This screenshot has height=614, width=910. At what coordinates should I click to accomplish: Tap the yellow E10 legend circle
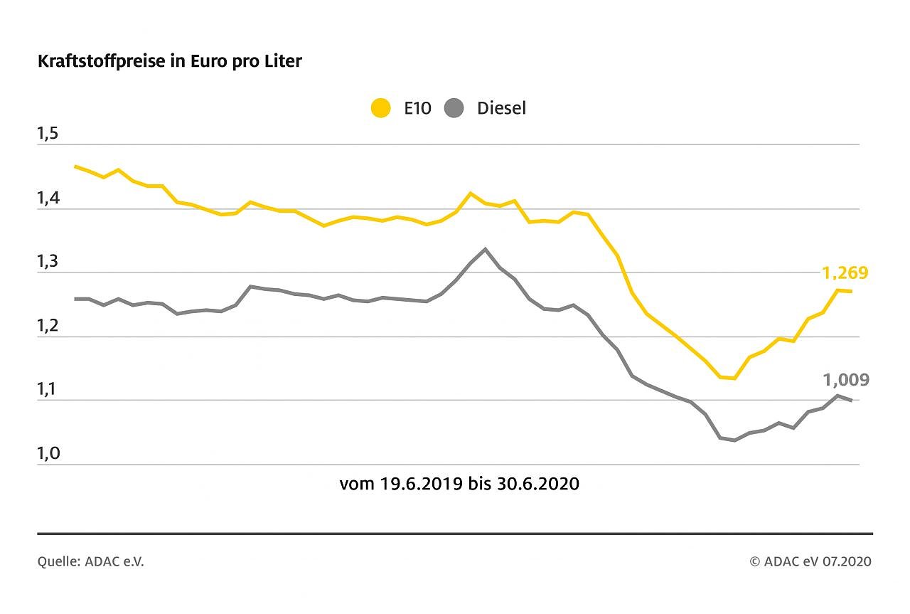point(381,109)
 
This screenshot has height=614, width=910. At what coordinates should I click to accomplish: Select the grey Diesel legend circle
point(454,109)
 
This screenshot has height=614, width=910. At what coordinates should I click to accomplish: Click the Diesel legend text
point(501,109)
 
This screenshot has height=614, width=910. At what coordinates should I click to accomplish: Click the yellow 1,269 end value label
point(845,273)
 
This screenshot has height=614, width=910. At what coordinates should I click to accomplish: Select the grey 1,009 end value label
point(846,380)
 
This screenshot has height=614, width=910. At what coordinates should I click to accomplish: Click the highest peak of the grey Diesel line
point(485,249)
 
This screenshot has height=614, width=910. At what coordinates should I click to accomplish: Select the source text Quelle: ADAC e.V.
point(90,562)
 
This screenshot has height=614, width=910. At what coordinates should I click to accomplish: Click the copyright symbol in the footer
point(755,562)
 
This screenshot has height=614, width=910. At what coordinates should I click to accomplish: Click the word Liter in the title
point(282,61)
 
